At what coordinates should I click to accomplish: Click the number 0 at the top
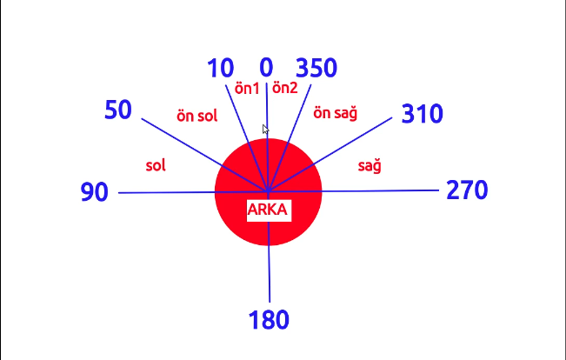pos(266,68)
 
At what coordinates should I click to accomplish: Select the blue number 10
pos(221,68)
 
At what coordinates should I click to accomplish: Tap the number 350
pos(316,68)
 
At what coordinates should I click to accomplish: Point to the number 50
pos(117,110)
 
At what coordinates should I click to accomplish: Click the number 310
pos(423,114)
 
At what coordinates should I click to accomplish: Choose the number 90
pos(94,192)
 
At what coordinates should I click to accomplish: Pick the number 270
pos(467,190)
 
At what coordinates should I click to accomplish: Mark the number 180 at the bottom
pos(269,320)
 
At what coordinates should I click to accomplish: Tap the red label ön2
pos(285,88)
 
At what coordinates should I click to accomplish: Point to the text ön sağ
pos(336,113)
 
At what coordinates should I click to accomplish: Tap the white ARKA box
pos(268,210)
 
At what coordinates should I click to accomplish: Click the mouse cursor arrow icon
pos(265,129)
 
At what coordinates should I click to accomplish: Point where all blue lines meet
pos(268,190)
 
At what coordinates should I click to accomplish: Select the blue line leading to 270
pos(383,190)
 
